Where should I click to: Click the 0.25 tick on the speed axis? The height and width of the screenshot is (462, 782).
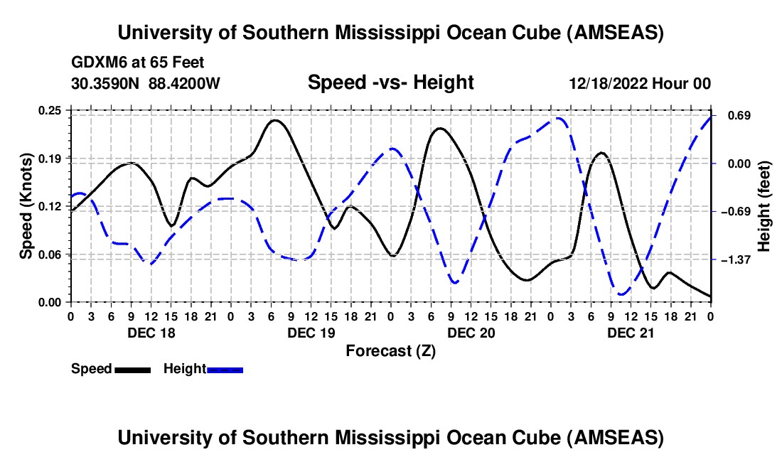51,110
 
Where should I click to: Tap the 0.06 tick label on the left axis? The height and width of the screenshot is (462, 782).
51,254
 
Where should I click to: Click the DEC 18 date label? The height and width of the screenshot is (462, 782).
150,332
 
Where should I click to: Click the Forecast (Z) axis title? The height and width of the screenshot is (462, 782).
390,350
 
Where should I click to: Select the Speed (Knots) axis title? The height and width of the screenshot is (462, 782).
26,206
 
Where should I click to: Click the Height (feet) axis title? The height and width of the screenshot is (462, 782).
764,206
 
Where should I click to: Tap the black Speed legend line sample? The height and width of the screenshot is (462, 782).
132,369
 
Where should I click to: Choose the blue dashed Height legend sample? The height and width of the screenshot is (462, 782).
225,369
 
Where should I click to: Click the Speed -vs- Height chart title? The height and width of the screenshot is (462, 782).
390,82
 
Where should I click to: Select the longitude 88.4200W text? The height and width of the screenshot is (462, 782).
185,84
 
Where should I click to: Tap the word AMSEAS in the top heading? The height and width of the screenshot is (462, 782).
615,33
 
